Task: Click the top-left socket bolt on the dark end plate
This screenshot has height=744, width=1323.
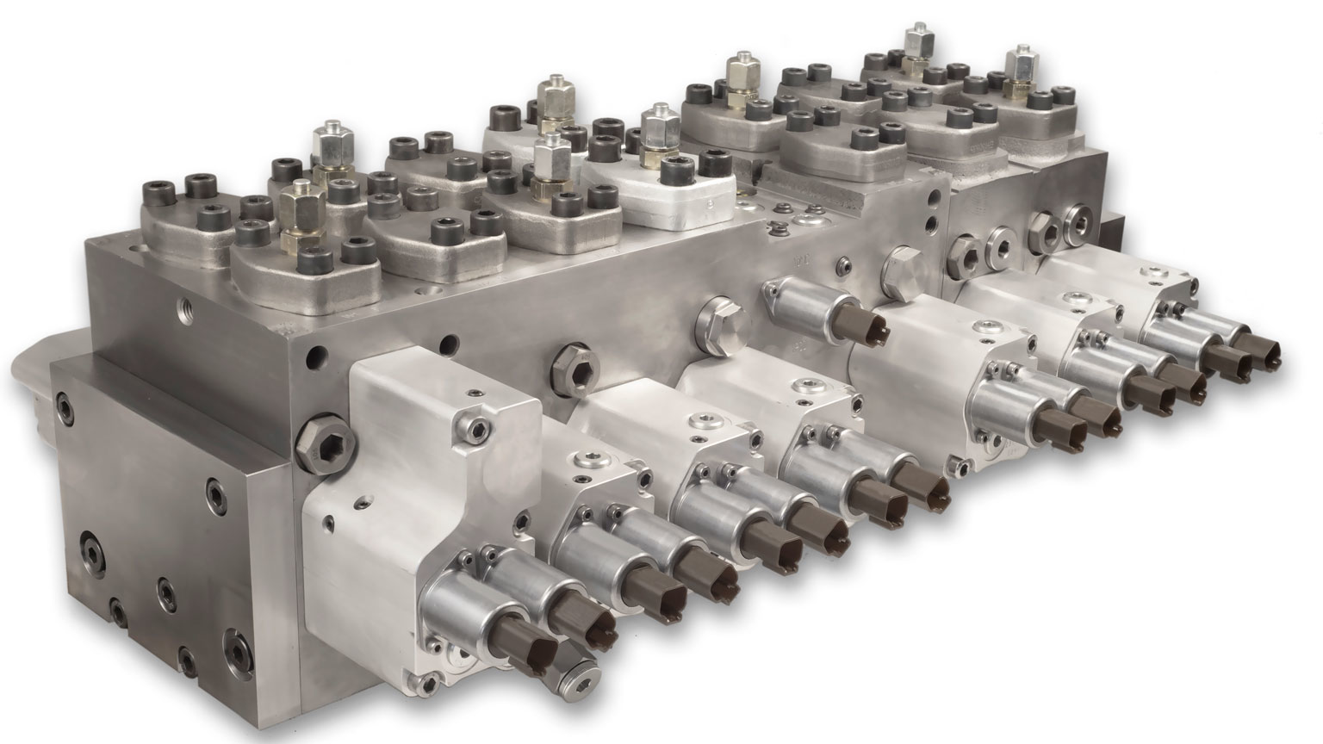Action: point(64,405)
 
